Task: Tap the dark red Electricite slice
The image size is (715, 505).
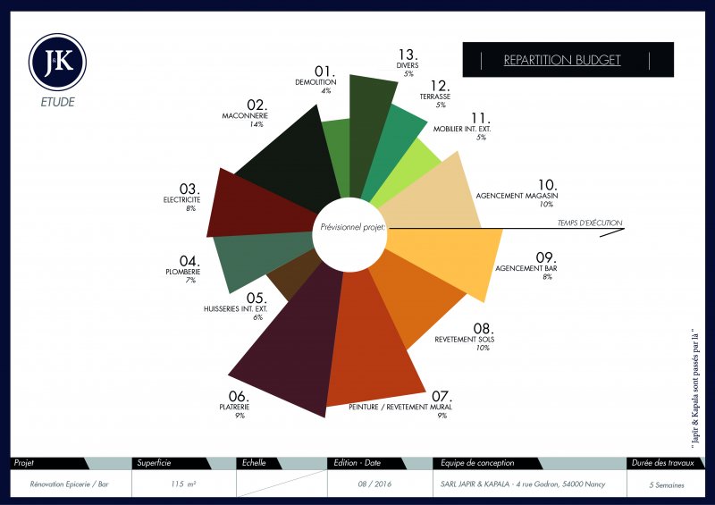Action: click(259, 203)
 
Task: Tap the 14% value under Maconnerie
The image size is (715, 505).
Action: click(257, 125)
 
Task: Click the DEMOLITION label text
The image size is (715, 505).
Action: click(315, 82)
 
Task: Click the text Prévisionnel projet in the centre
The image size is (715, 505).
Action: click(352, 228)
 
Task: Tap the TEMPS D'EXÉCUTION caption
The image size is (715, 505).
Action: click(589, 223)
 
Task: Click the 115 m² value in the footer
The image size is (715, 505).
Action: click(184, 484)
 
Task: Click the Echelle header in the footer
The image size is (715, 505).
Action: click(255, 463)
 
